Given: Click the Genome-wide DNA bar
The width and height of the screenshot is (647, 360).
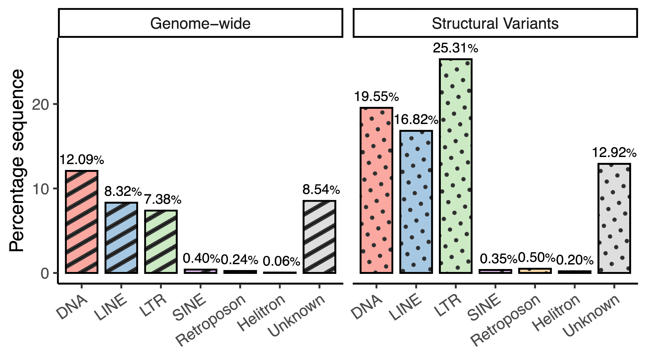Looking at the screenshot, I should coord(82,222).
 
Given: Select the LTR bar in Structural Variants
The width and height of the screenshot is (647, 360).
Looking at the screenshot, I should coord(455,166).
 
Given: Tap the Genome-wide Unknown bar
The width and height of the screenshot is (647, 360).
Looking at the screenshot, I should coord(319,237).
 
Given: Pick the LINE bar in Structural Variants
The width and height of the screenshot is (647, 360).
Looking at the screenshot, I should coord(416,202).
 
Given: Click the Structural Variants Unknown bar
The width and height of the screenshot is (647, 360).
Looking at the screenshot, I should coord(614,218).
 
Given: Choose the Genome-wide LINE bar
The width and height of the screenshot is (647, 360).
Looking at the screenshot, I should coord(121,238).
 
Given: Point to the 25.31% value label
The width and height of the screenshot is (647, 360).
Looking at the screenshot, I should coord(455,49).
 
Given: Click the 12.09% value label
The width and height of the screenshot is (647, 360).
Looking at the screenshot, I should coord(82,160).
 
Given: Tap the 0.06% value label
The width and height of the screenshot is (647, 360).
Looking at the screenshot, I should coord(281,261).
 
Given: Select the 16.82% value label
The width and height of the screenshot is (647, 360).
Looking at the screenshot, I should coord(416,120).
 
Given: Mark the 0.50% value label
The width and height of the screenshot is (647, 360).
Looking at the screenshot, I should coord(536,258).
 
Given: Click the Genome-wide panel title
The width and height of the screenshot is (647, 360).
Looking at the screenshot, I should coord(200,23).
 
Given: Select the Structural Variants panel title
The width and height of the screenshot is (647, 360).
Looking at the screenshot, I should coord(495,23).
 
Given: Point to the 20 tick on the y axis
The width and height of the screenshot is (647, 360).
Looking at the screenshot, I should coord(40,104).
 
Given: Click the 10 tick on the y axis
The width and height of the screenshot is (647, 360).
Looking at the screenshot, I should coord(40,189).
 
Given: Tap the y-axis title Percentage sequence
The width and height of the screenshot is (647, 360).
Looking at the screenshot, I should coord(17,160).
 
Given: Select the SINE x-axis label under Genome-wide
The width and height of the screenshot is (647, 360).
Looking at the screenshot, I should coord(190,308).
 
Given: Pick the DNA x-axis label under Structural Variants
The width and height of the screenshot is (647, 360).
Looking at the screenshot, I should coord(367,307).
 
